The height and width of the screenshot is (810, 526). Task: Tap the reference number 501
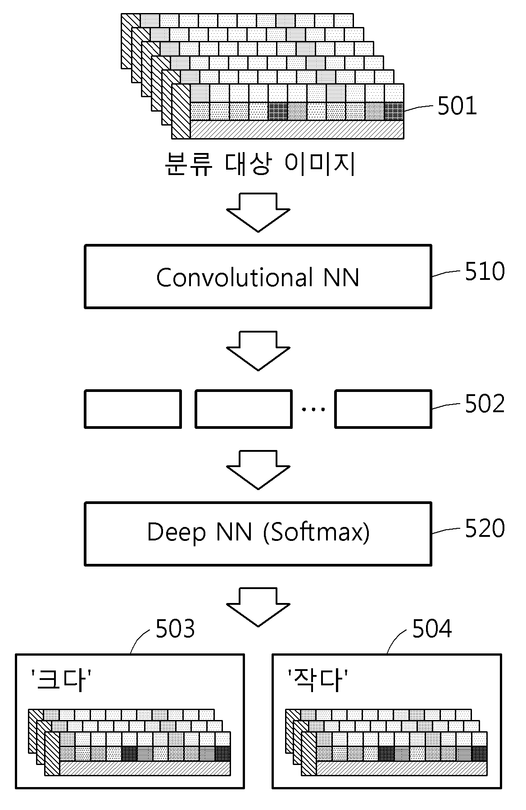[457, 107]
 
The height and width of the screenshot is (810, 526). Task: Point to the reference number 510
[485, 272]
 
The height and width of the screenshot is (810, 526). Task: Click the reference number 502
[485, 404]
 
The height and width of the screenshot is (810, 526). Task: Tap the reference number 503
[175, 629]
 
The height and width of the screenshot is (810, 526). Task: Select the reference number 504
[432, 629]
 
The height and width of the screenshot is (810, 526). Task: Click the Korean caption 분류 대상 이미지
[260, 164]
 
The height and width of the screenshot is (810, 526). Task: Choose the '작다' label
[318, 680]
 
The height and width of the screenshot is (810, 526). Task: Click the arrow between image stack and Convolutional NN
[258, 212]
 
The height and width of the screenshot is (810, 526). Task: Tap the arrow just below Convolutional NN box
[258, 351]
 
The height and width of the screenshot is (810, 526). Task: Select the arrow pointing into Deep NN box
[258, 470]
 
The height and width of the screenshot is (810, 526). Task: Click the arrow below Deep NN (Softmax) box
[258, 607]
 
